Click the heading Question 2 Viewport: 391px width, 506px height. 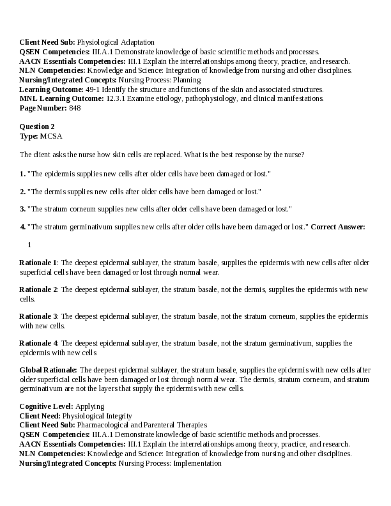(37, 126)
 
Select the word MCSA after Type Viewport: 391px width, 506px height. (51, 136)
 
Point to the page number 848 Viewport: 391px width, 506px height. (75, 108)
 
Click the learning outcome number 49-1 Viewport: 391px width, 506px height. (93, 89)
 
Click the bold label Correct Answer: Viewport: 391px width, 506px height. (338, 227)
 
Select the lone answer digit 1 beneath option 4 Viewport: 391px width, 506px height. (29, 245)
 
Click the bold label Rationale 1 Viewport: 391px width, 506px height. (38, 263)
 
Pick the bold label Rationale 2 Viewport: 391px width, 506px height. (38, 289)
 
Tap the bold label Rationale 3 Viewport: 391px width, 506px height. (38, 316)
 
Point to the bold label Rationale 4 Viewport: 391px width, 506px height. (38, 343)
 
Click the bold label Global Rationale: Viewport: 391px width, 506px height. (49, 370)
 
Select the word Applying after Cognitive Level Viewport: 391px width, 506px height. (90, 406)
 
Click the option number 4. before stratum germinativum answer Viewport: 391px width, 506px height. (23, 227)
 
